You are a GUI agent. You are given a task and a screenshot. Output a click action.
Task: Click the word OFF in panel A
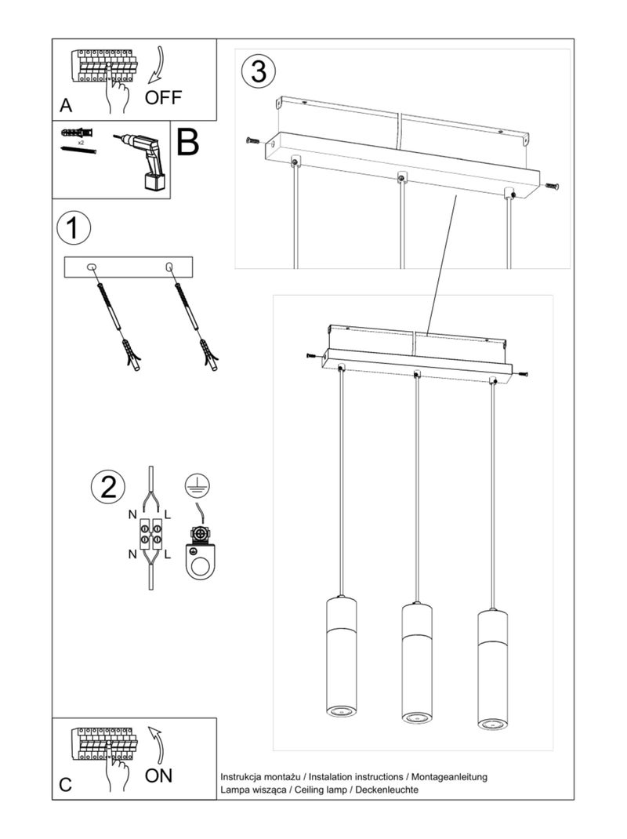coord(163,97)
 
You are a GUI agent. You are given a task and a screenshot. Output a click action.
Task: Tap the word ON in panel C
coord(158,775)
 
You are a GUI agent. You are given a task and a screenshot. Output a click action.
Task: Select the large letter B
coord(188,142)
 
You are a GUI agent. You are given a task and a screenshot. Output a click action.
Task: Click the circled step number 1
coord(74,228)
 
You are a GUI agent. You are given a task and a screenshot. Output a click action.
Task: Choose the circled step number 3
coord(259,71)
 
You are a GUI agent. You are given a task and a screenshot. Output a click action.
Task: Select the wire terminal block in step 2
coord(151,533)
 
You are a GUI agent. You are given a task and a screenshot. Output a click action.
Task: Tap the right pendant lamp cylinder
coord(493,670)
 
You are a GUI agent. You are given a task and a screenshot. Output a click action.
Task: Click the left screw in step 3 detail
coord(253,140)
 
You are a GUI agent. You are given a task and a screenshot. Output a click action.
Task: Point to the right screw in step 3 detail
coord(552,186)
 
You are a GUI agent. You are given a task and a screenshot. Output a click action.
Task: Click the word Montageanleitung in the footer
coord(449,777)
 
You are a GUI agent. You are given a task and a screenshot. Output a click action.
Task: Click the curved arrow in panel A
coord(158,65)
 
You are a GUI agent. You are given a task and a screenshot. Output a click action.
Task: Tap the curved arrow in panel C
coord(156,745)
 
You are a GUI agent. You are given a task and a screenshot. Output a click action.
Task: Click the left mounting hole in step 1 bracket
coord(92,266)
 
